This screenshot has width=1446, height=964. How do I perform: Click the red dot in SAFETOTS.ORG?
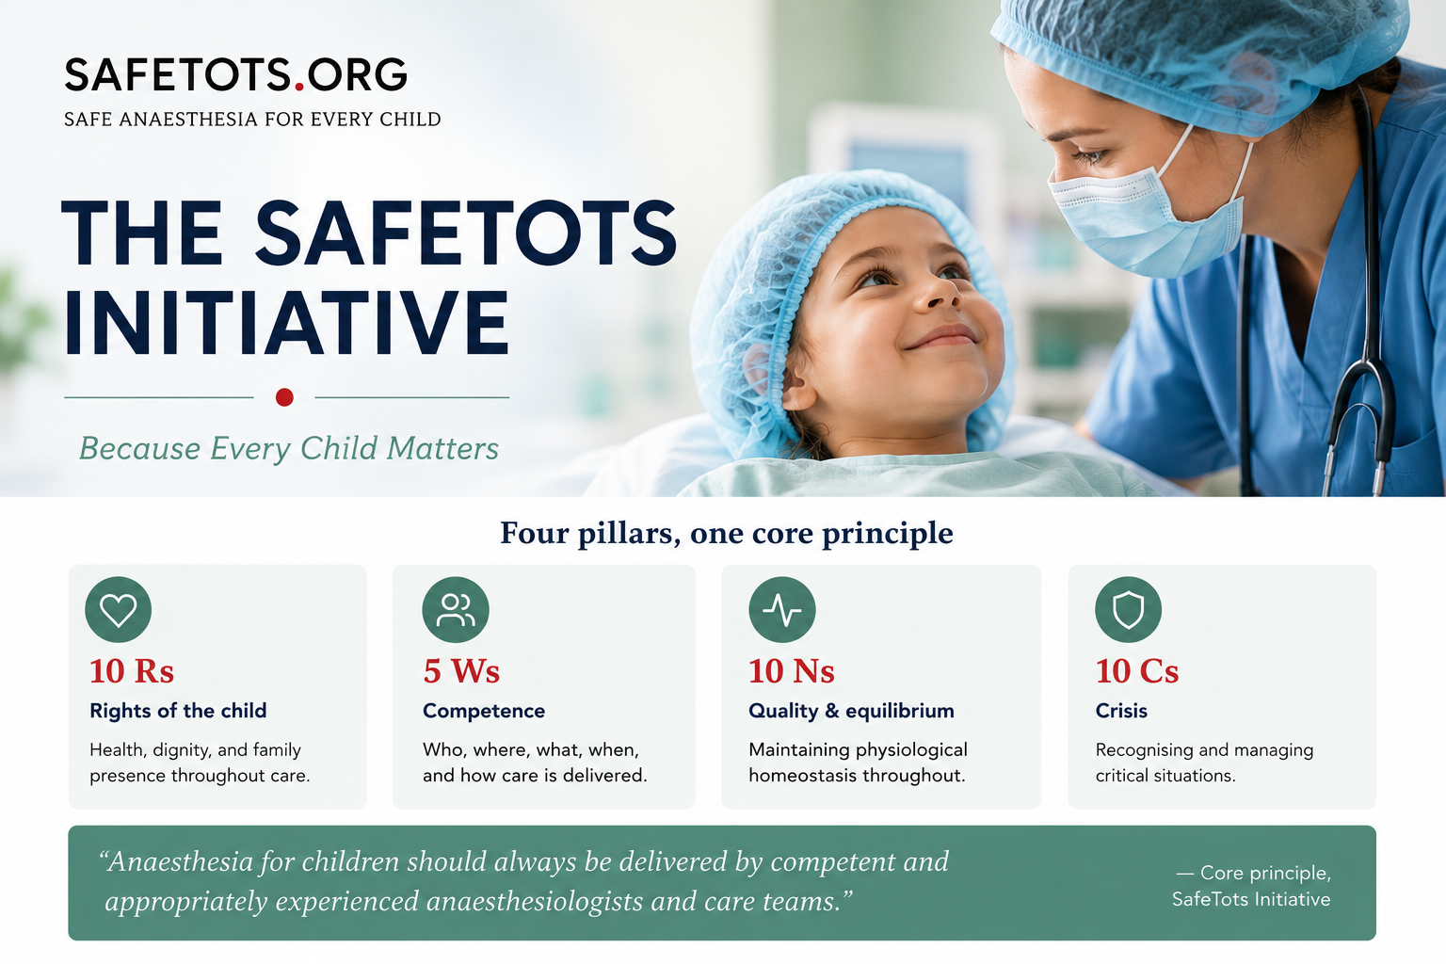pos(298,86)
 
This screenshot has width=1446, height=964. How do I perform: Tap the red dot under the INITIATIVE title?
pos(284,397)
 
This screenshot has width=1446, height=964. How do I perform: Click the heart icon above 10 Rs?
pos(118,609)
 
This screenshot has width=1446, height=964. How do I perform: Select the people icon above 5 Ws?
pos(455,609)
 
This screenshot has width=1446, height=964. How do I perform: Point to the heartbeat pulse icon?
pos(781,609)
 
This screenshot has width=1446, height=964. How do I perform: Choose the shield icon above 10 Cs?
pos(1129,609)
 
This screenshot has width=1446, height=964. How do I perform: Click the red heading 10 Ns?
pos(792,671)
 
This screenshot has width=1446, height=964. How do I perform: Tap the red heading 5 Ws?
pos(461,671)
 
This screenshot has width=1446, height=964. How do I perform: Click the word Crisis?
pos(1121,711)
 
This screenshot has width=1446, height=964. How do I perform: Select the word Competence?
pos(484,711)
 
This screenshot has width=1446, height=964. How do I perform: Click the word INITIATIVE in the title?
pos(286,323)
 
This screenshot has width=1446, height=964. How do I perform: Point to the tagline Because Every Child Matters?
pos(289,448)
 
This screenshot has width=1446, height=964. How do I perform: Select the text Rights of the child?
pos(178,711)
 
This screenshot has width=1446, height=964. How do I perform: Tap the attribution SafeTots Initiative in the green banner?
pos(1251,899)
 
